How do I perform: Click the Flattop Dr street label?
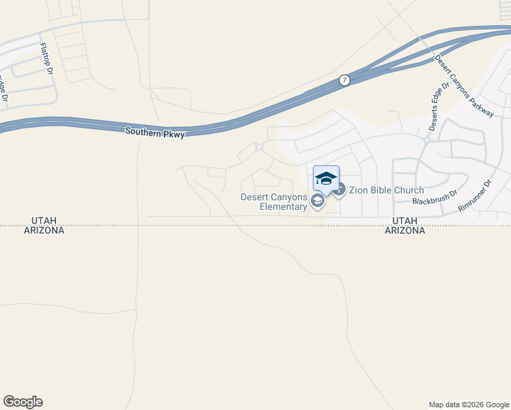click(x=46, y=59)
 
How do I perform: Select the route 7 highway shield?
click(x=345, y=81)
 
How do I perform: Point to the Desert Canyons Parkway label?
click(x=464, y=85)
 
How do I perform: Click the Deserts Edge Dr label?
click(x=438, y=107)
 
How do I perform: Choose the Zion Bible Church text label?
click(x=387, y=191)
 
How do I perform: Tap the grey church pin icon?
click(x=340, y=189)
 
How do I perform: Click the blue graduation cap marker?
click(x=326, y=178)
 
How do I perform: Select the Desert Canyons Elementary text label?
click(x=273, y=202)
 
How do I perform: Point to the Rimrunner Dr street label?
click(x=475, y=195)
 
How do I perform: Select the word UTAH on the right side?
click(x=405, y=221)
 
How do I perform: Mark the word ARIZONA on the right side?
click(x=405, y=231)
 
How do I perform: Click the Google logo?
click(x=23, y=402)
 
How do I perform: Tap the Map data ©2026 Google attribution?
click(x=469, y=405)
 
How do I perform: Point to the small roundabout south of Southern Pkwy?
click(x=259, y=147)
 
